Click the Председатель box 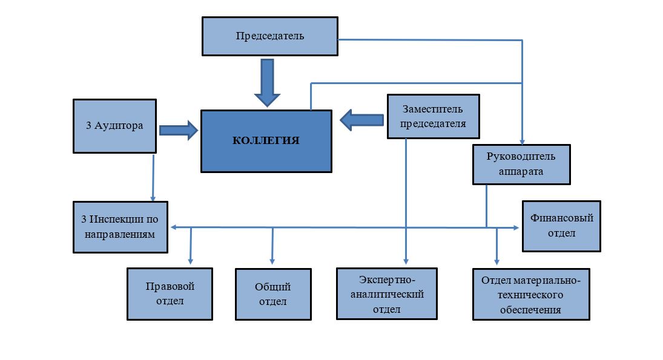coord(269,36)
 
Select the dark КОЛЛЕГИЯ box coord(266,140)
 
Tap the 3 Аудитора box coord(114,126)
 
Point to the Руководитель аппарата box coord(521,163)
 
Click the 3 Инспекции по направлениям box coord(120,226)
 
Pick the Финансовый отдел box coord(561,226)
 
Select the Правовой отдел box coord(170,293)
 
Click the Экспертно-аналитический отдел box coord(388,293)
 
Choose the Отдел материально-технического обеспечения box coord(530,295)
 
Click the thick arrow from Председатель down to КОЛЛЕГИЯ coord(266,82)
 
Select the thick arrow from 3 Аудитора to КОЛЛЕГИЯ coord(179,129)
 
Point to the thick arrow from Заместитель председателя coord(361,120)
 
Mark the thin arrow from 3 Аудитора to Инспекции coord(153,178)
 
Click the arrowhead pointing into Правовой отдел coord(191,261)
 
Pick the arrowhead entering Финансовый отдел coord(515,227)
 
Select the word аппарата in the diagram coord(521,171)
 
